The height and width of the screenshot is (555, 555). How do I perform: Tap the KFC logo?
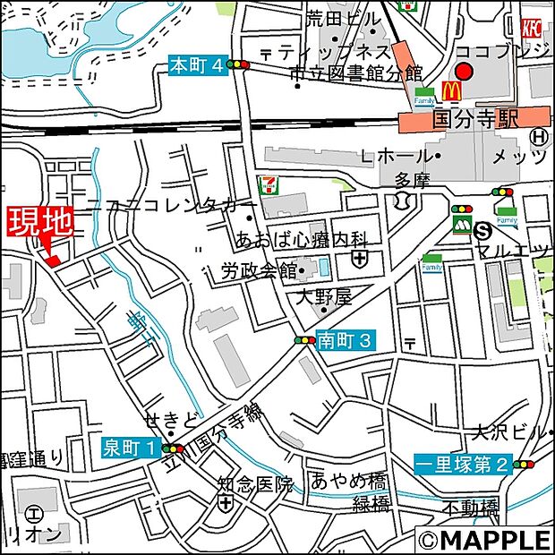click(x=533, y=28)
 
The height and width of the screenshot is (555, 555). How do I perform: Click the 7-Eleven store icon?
click(x=268, y=186)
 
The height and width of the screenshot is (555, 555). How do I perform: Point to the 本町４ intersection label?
click(x=194, y=64)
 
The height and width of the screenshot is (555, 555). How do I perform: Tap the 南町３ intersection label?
click(x=344, y=340)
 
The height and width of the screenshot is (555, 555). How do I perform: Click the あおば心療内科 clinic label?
click(x=302, y=239)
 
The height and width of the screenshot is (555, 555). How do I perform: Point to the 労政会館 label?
click(x=259, y=269)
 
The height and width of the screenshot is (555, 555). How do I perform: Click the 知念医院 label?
click(x=255, y=485)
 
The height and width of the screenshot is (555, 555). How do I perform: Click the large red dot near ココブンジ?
click(x=464, y=72)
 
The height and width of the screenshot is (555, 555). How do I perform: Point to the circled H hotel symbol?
click(x=538, y=137)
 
